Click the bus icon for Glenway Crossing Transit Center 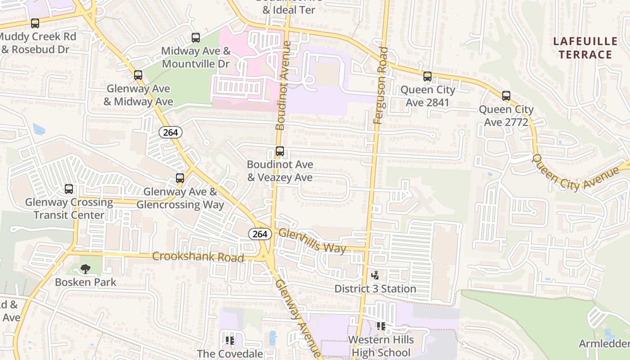click(x=69, y=189)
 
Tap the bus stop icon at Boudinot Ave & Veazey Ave click(x=280, y=152)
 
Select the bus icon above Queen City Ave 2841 click(x=427, y=76)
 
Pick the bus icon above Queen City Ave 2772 click(x=506, y=96)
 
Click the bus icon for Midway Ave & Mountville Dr click(x=196, y=38)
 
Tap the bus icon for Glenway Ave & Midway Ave click(x=138, y=75)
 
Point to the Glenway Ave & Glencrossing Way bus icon click(x=180, y=178)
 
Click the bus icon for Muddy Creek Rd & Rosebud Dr click(x=35, y=23)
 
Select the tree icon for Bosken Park click(x=85, y=269)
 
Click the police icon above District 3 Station click(x=375, y=275)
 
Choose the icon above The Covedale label click(x=230, y=341)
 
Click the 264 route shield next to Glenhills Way click(x=260, y=234)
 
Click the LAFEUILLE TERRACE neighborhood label click(x=585, y=48)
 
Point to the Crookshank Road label click(x=198, y=257)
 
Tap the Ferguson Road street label click(x=380, y=85)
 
